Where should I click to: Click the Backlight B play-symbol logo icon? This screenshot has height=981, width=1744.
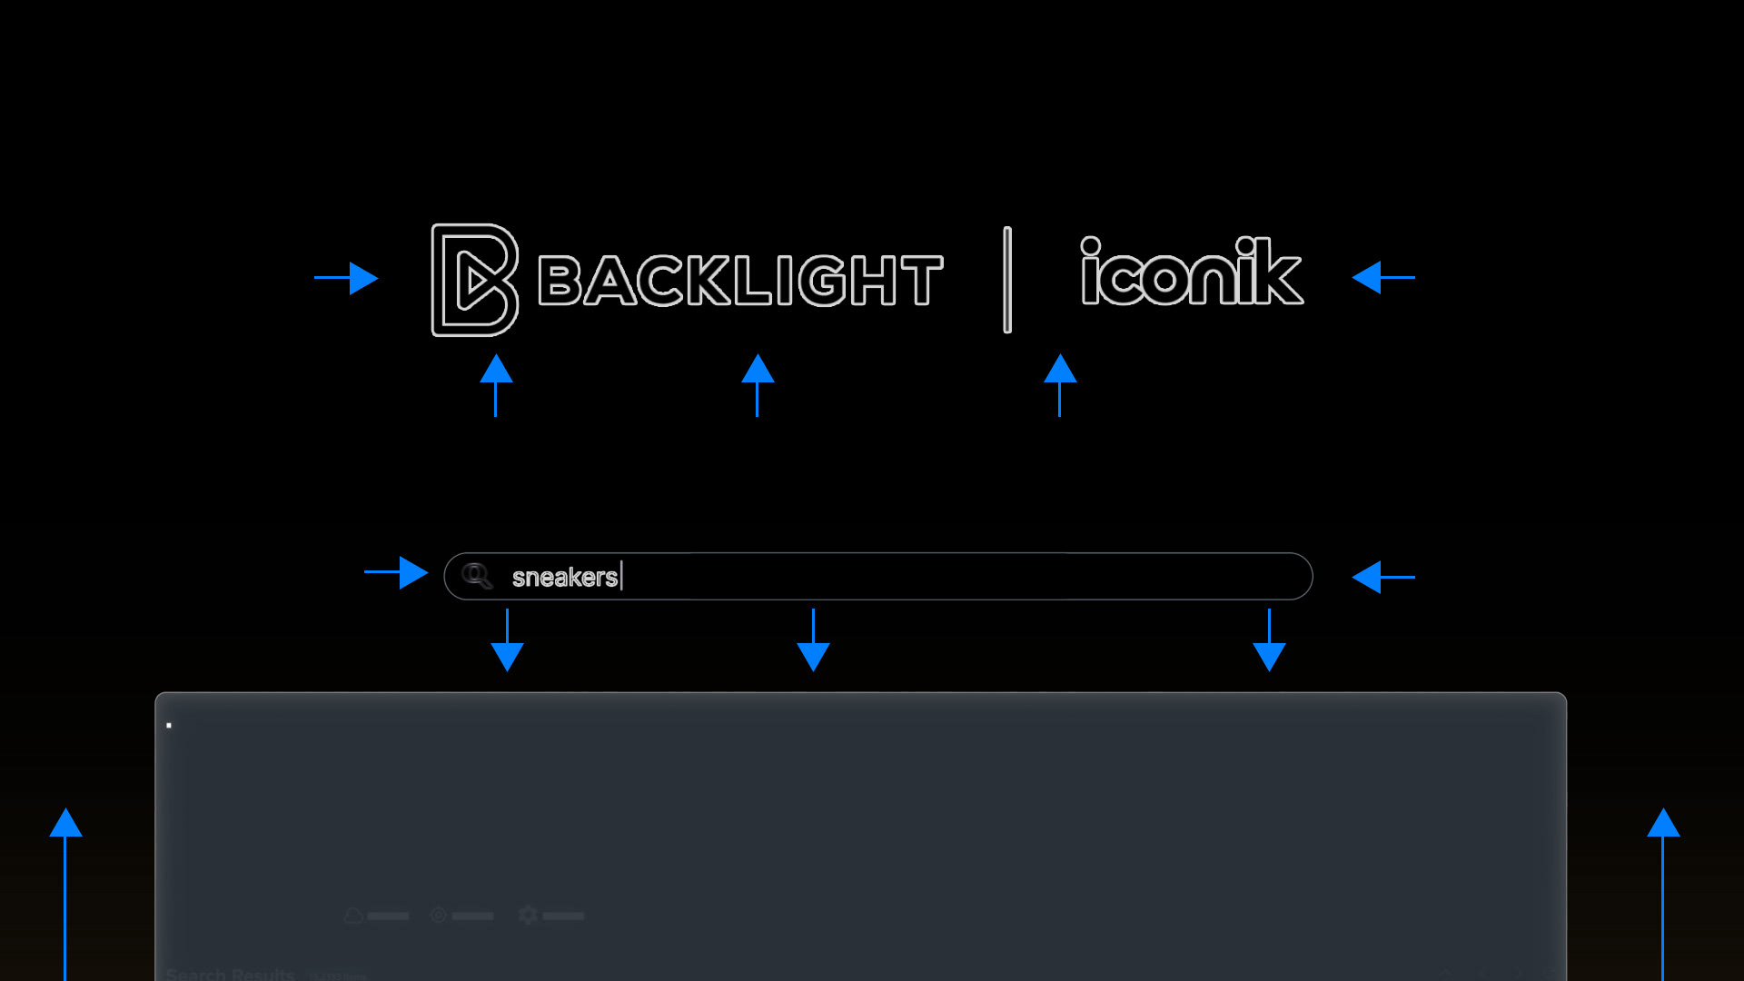[x=474, y=280]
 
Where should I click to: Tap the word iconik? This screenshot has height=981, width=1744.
[x=1191, y=272]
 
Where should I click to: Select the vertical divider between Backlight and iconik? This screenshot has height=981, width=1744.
[x=1006, y=280]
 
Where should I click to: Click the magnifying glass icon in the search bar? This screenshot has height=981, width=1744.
[x=476, y=576]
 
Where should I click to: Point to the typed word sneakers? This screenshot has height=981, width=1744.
[x=564, y=577]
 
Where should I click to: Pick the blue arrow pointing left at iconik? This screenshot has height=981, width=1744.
[x=1382, y=277]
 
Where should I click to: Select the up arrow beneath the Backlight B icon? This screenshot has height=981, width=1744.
[x=496, y=383]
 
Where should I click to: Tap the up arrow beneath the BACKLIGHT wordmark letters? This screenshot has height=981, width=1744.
[x=758, y=383]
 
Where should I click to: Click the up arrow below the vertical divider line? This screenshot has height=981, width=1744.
[x=1060, y=383]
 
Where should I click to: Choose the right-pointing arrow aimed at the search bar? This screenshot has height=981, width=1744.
[x=397, y=572]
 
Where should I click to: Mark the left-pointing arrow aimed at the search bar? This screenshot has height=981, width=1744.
[x=1382, y=577]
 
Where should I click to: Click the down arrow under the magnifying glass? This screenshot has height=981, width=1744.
[x=507, y=641]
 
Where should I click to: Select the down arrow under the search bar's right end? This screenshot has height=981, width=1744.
[x=1269, y=641]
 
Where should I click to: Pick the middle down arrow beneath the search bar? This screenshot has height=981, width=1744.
[x=813, y=641]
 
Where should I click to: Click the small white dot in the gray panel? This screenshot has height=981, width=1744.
[x=169, y=725]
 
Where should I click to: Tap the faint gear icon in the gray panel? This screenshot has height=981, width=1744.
[x=528, y=915]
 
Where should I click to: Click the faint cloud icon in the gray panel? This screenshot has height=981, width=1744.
[x=353, y=916]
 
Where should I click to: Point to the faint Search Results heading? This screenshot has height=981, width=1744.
[x=231, y=974]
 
